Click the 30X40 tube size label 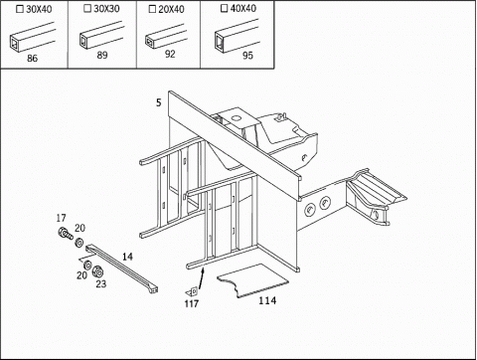point(39,9)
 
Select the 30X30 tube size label point(106,9)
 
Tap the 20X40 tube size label point(171,9)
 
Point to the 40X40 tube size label point(243,8)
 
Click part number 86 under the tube point(32,59)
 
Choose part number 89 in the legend point(102,55)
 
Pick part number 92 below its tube point(170,54)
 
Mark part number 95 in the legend point(247,56)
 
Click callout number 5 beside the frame point(159,102)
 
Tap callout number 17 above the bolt point(61,218)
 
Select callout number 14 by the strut point(127,257)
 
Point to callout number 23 point(101,283)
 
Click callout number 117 point(192,303)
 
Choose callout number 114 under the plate point(267,300)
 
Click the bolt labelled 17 point(65,234)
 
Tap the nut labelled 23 point(97,271)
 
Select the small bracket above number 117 point(193,291)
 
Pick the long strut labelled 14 point(121,269)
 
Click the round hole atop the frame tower point(236,117)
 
